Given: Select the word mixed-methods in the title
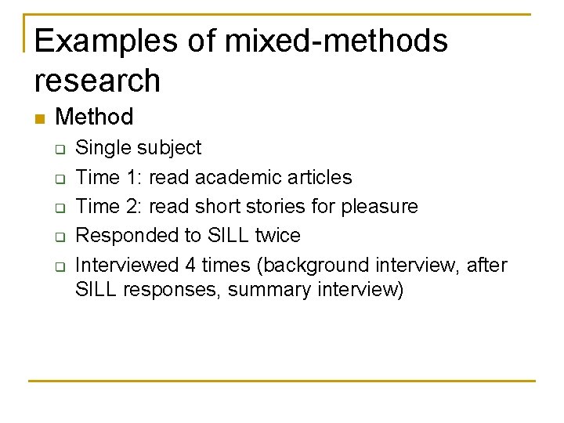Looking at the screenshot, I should click(x=336, y=41).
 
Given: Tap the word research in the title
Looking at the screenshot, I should click(x=97, y=81).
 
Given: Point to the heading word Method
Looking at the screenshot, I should click(x=95, y=117).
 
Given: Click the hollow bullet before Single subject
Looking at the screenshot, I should click(x=60, y=149).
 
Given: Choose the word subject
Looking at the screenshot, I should click(x=170, y=148).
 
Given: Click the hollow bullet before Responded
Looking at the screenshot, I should click(x=60, y=237).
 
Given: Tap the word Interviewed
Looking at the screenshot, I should click(x=128, y=266).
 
